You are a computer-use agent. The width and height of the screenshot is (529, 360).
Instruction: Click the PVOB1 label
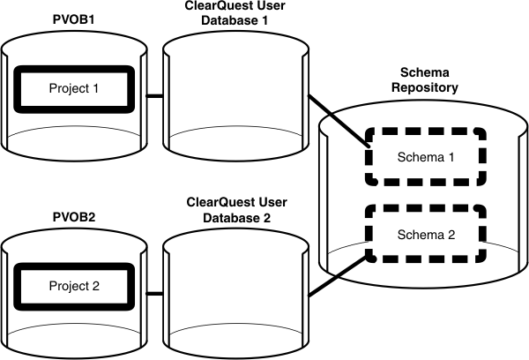tap(72, 16)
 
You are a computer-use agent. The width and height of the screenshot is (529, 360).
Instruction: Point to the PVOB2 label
tap(72, 213)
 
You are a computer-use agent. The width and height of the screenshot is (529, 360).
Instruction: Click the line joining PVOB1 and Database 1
tap(152, 95)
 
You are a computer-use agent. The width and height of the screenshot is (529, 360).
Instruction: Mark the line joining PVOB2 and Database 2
tap(152, 292)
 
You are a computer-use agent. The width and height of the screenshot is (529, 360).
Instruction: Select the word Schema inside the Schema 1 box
tap(416, 157)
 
